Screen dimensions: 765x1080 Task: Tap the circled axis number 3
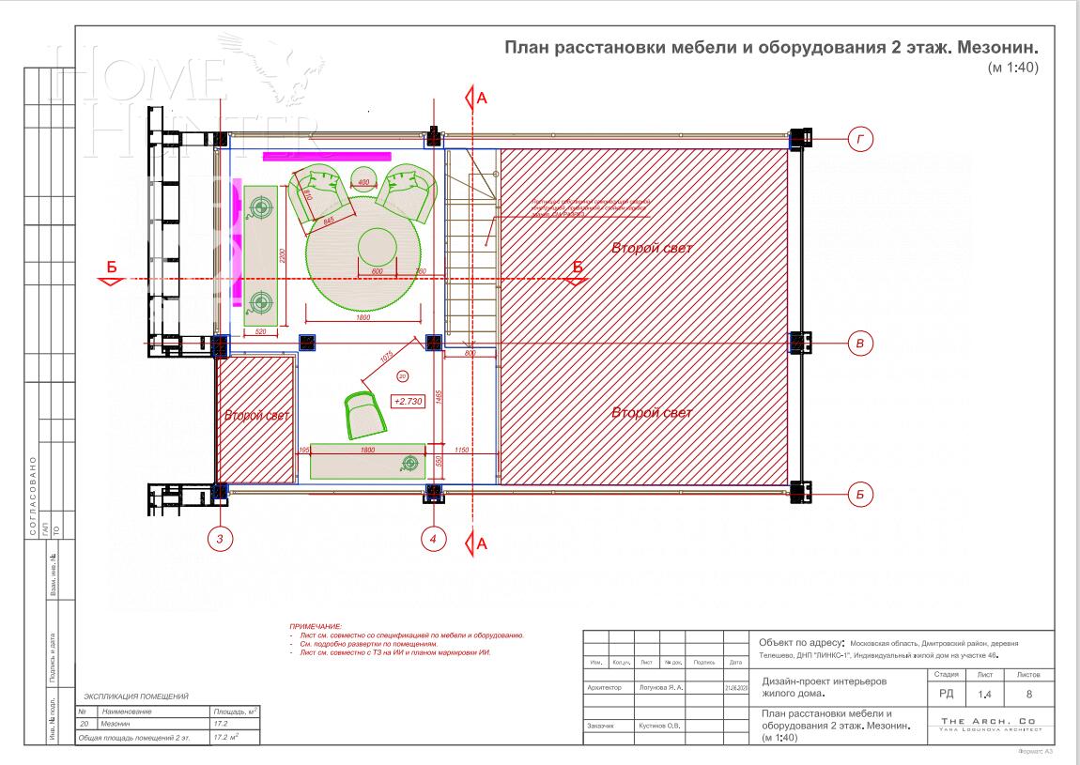point(220,539)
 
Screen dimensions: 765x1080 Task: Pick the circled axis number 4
point(433,539)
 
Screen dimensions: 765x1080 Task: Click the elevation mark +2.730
point(409,401)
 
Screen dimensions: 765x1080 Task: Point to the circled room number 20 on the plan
point(403,375)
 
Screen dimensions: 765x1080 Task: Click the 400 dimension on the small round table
point(364,180)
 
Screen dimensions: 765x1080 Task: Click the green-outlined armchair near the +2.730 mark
point(364,414)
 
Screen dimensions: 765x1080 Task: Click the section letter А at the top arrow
point(483,98)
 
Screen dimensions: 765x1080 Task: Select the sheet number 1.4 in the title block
point(984,695)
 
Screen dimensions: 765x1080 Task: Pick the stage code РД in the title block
point(947,695)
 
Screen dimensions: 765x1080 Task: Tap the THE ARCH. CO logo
point(993,724)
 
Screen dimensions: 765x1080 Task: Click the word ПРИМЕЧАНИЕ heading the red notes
point(316,625)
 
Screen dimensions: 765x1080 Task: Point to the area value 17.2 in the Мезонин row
point(223,725)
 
